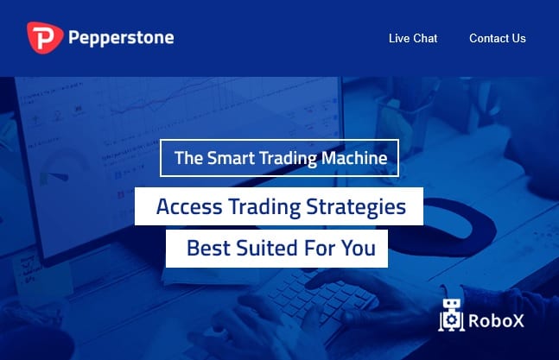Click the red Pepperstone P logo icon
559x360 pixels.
coord(45,38)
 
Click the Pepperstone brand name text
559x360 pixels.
coord(121,38)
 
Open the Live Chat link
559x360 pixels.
coord(413,38)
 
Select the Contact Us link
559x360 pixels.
coord(498,38)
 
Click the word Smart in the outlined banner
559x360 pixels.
coord(231,158)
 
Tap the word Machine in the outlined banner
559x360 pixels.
coord(354,158)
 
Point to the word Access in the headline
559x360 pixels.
coord(189,206)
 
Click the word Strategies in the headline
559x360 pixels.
coord(356,207)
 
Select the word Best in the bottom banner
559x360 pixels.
coord(208,248)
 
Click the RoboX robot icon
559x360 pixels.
coord(451,315)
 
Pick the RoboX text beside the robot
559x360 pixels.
coord(496,320)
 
